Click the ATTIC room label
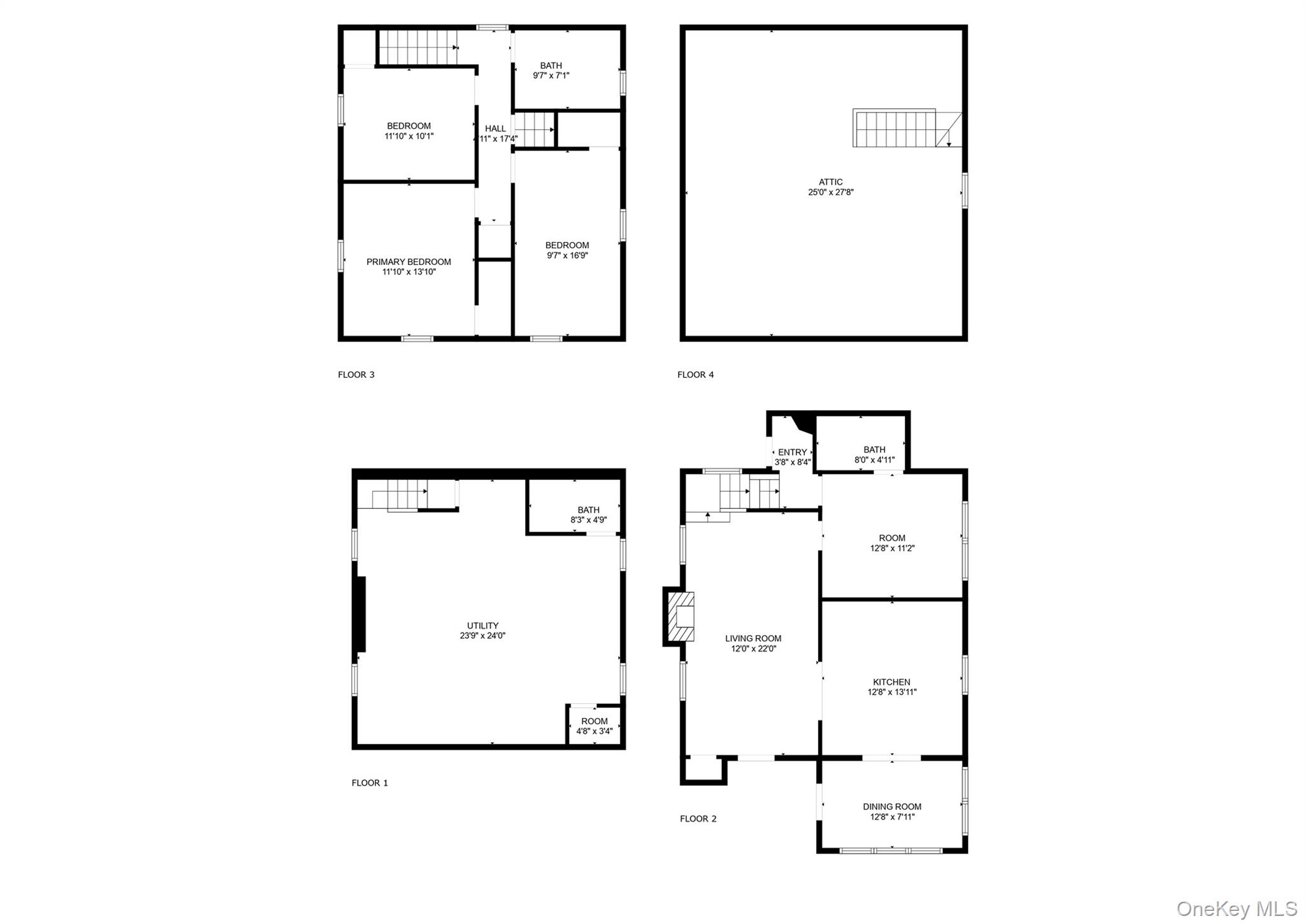coord(830,182)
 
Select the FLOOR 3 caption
coord(356,375)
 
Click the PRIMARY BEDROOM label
coord(408,262)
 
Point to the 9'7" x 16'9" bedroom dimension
coord(567,255)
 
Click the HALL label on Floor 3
coord(495,129)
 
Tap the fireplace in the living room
coord(680,617)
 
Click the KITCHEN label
coord(891,682)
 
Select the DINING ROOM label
coord(892,806)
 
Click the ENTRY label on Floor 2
coord(792,452)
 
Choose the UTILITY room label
coord(482,626)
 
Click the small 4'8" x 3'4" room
coord(594,726)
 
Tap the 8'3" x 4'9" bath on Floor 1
coord(588,515)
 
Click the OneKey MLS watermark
coord(1236,908)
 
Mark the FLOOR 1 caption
coord(370,783)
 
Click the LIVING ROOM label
coord(753,638)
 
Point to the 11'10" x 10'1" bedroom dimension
coord(408,136)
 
